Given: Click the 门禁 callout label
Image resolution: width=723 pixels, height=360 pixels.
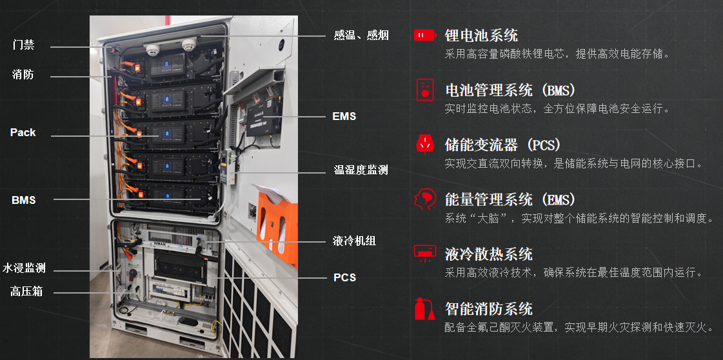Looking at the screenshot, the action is (x=23, y=45).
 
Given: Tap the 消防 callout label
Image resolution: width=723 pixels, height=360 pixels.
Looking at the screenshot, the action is (x=23, y=74).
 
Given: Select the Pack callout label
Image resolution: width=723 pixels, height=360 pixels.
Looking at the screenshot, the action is (x=23, y=133).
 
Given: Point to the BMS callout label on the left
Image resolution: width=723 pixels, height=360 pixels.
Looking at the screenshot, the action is (x=23, y=200).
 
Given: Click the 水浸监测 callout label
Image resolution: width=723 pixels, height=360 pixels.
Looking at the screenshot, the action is (x=23, y=268).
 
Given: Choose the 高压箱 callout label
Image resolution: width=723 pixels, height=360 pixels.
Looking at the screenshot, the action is (x=26, y=292).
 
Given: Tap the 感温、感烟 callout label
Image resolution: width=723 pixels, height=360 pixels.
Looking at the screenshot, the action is (x=361, y=35).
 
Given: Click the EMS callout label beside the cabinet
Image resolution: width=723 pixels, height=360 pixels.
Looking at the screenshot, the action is (x=344, y=116).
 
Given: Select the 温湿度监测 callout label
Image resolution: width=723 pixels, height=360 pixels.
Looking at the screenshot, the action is (x=361, y=170).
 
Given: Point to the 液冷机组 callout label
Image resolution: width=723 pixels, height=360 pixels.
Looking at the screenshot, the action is (x=354, y=241).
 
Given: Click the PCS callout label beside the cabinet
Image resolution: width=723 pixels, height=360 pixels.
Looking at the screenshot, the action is (x=345, y=277).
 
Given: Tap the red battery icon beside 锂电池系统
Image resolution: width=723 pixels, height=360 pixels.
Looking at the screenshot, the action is (x=424, y=35).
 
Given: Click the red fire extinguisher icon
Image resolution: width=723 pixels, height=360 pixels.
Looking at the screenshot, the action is (x=424, y=309).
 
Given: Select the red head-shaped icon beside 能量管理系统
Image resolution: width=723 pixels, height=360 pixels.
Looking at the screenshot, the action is (x=424, y=199).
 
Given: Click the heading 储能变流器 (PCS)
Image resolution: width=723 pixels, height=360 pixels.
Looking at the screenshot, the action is (x=503, y=145).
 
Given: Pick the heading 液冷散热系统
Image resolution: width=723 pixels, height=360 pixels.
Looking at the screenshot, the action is (x=489, y=254).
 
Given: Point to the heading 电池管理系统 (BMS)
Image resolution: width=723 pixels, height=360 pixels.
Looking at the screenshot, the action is (x=510, y=90).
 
